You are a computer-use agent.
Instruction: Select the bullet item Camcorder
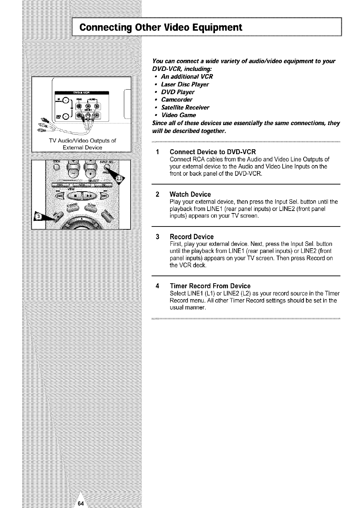point(176,100)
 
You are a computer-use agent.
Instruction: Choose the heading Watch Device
point(190,194)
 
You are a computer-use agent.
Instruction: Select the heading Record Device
point(192,236)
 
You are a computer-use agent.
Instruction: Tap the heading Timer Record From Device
point(210,286)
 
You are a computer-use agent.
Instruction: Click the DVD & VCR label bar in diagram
point(82,93)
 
